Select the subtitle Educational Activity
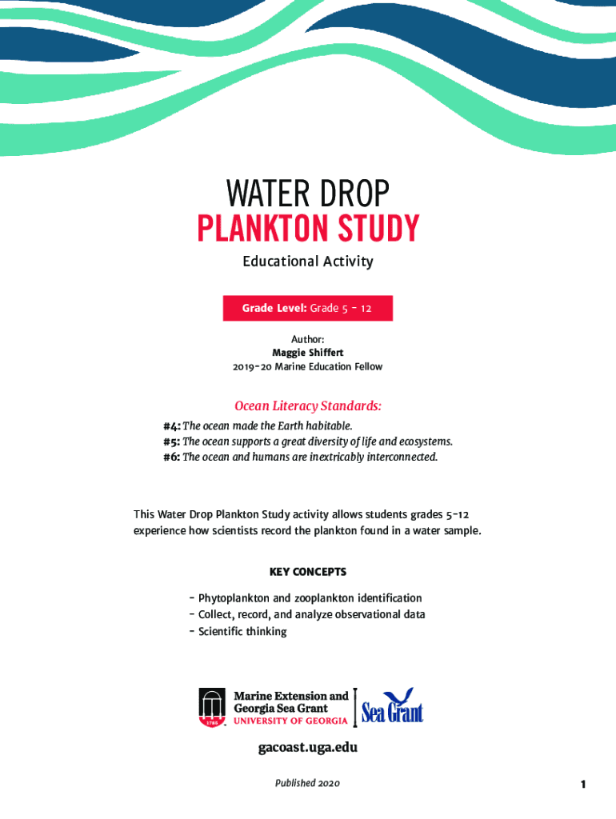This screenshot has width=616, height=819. [x=308, y=262]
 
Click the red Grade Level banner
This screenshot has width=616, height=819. [x=307, y=308]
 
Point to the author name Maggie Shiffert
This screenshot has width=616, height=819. [x=307, y=353]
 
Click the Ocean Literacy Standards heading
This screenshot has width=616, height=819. [x=307, y=406]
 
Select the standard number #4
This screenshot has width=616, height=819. [x=170, y=425]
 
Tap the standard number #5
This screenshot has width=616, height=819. [x=170, y=441]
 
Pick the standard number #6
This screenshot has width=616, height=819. [x=170, y=457]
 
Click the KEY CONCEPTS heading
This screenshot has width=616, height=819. [x=307, y=572]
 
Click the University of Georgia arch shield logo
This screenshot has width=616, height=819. [x=213, y=708]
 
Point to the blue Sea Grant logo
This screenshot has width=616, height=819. [x=392, y=706]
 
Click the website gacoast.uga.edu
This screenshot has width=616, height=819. [x=307, y=748]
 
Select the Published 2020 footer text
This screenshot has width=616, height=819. [x=307, y=783]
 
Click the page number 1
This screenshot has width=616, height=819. [x=583, y=784]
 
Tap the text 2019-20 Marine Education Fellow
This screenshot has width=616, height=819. [x=307, y=367]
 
